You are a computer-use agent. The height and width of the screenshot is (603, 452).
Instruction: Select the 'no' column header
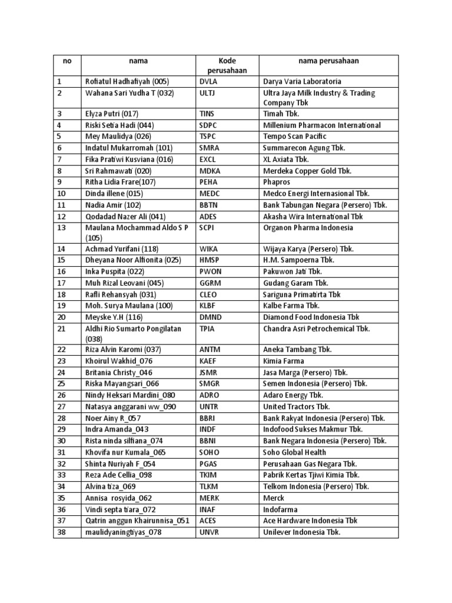pyautogui.click(x=67, y=61)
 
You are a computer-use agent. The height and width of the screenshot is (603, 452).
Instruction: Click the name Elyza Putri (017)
pyautogui.click(x=111, y=114)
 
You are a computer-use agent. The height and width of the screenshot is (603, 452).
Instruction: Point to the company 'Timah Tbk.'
pyautogui.click(x=282, y=114)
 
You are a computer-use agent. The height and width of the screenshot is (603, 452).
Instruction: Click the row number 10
pyautogui.click(x=62, y=193)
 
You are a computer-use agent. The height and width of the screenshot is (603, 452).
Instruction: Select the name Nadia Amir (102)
pyautogui.click(x=113, y=205)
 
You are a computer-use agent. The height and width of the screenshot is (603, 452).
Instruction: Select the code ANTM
pyautogui.click(x=211, y=350)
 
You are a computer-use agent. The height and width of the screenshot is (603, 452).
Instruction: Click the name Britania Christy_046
pyautogui.click(x=119, y=372)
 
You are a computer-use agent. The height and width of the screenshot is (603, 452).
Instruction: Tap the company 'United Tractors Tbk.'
pyautogui.click(x=297, y=407)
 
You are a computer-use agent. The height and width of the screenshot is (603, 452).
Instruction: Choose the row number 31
pyautogui.click(x=62, y=452)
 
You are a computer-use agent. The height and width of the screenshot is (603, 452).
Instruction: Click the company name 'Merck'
pyautogui.click(x=274, y=498)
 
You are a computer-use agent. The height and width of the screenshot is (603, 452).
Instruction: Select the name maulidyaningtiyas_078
pyautogui.click(x=123, y=532)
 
